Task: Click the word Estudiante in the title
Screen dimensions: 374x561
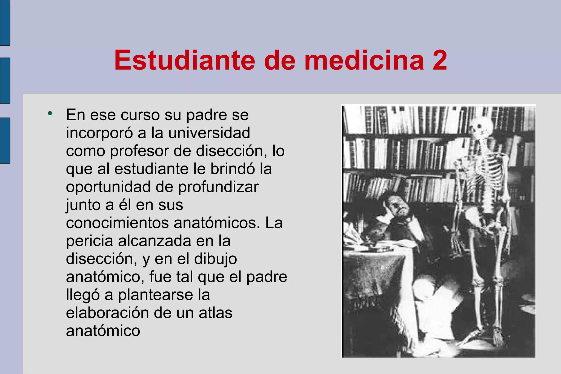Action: (x=185, y=60)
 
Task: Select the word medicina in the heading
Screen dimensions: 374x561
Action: (x=364, y=60)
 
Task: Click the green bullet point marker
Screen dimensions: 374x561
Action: (x=50, y=113)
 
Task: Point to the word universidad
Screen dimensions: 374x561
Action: (x=209, y=133)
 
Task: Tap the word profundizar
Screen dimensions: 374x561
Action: (x=218, y=187)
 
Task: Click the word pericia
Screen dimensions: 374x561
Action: (x=90, y=241)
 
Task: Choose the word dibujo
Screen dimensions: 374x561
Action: (x=216, y=259)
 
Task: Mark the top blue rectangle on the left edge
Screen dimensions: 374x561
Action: (x=5, y=22)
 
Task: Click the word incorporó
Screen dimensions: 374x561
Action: (x=99, y=133)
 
